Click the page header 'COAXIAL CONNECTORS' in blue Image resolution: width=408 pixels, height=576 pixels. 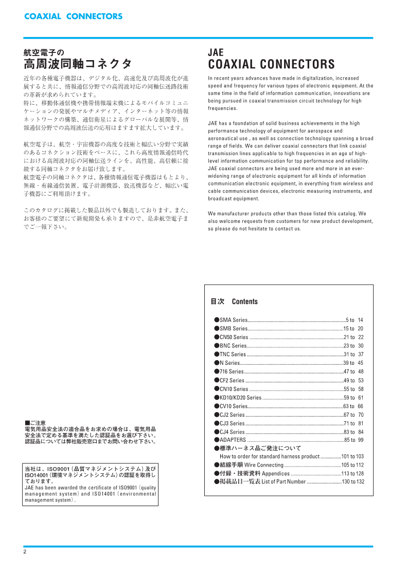[x=73, y=16]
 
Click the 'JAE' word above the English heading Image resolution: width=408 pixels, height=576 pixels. [x=216, y=52]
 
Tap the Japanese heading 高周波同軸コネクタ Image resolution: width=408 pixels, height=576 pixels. [x=78, y=64]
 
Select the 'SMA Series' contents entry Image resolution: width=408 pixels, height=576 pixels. [x=234, y=320]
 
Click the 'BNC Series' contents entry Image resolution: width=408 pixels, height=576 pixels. [x=234, y=346]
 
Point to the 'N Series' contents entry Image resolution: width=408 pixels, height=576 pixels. [x=229, y=363]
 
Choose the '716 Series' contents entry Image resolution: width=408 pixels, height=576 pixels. [x=232, y=371]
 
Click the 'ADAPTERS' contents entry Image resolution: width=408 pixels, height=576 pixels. [x=233, y=440]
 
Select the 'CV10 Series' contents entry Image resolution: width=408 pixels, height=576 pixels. [x=234, y=406]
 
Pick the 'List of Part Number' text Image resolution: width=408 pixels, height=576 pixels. [x=283, y=481]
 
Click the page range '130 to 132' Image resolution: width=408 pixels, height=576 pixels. [x=353, y=481]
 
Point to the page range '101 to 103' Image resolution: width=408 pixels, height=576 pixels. [x=352, y=456]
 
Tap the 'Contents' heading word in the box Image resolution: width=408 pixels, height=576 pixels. [x=244, y=302]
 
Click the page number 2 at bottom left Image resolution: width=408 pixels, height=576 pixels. [x=25, y=552]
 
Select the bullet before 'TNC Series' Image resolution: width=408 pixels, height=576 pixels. [x=217, y=355]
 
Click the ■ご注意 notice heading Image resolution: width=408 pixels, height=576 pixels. [x=36, y=423]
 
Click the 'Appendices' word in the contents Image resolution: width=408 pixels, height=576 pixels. [x=276, y=473]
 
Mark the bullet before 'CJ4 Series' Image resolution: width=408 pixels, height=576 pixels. [x=217, y=432]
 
